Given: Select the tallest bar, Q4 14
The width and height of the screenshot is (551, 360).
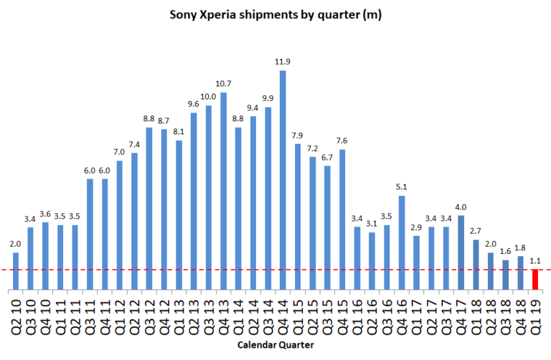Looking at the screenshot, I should click(283, 180).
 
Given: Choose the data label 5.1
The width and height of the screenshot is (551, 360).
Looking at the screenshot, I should click(402, 188).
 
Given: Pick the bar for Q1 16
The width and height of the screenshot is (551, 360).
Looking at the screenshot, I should click(357, 258).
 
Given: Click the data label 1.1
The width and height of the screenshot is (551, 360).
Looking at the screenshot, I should click(535, 262).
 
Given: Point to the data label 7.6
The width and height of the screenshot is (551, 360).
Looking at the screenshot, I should click(342, 141).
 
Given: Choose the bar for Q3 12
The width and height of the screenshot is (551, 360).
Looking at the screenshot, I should click(149, 209).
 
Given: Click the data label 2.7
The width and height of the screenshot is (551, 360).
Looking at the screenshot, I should click(476, 232).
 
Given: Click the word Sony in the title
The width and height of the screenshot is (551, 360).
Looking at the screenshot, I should click(186, 14).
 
